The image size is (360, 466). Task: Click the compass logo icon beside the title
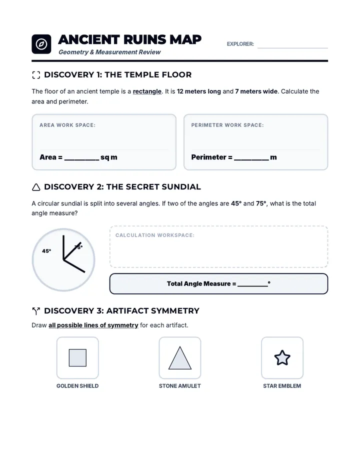41,44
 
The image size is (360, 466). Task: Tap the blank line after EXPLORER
292,47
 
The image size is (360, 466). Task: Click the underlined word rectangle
147,91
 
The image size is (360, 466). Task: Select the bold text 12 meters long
199,91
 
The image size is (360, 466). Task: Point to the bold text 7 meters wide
256,91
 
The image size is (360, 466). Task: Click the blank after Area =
82,159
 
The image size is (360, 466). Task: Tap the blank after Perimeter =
251,159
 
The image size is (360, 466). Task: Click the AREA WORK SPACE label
67,125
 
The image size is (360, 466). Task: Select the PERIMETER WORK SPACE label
227,125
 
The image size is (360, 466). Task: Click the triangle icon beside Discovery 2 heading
36,187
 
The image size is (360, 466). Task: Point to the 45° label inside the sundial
46,251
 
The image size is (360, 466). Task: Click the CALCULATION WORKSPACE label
155,235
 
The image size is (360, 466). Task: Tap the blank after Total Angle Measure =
252,286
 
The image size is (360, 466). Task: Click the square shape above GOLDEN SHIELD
77,358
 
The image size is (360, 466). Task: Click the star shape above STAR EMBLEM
282,358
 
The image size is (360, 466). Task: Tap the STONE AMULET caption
180,386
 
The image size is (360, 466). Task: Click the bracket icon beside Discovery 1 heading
36,75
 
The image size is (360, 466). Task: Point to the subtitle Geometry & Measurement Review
109,52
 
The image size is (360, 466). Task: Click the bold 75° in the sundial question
261,203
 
